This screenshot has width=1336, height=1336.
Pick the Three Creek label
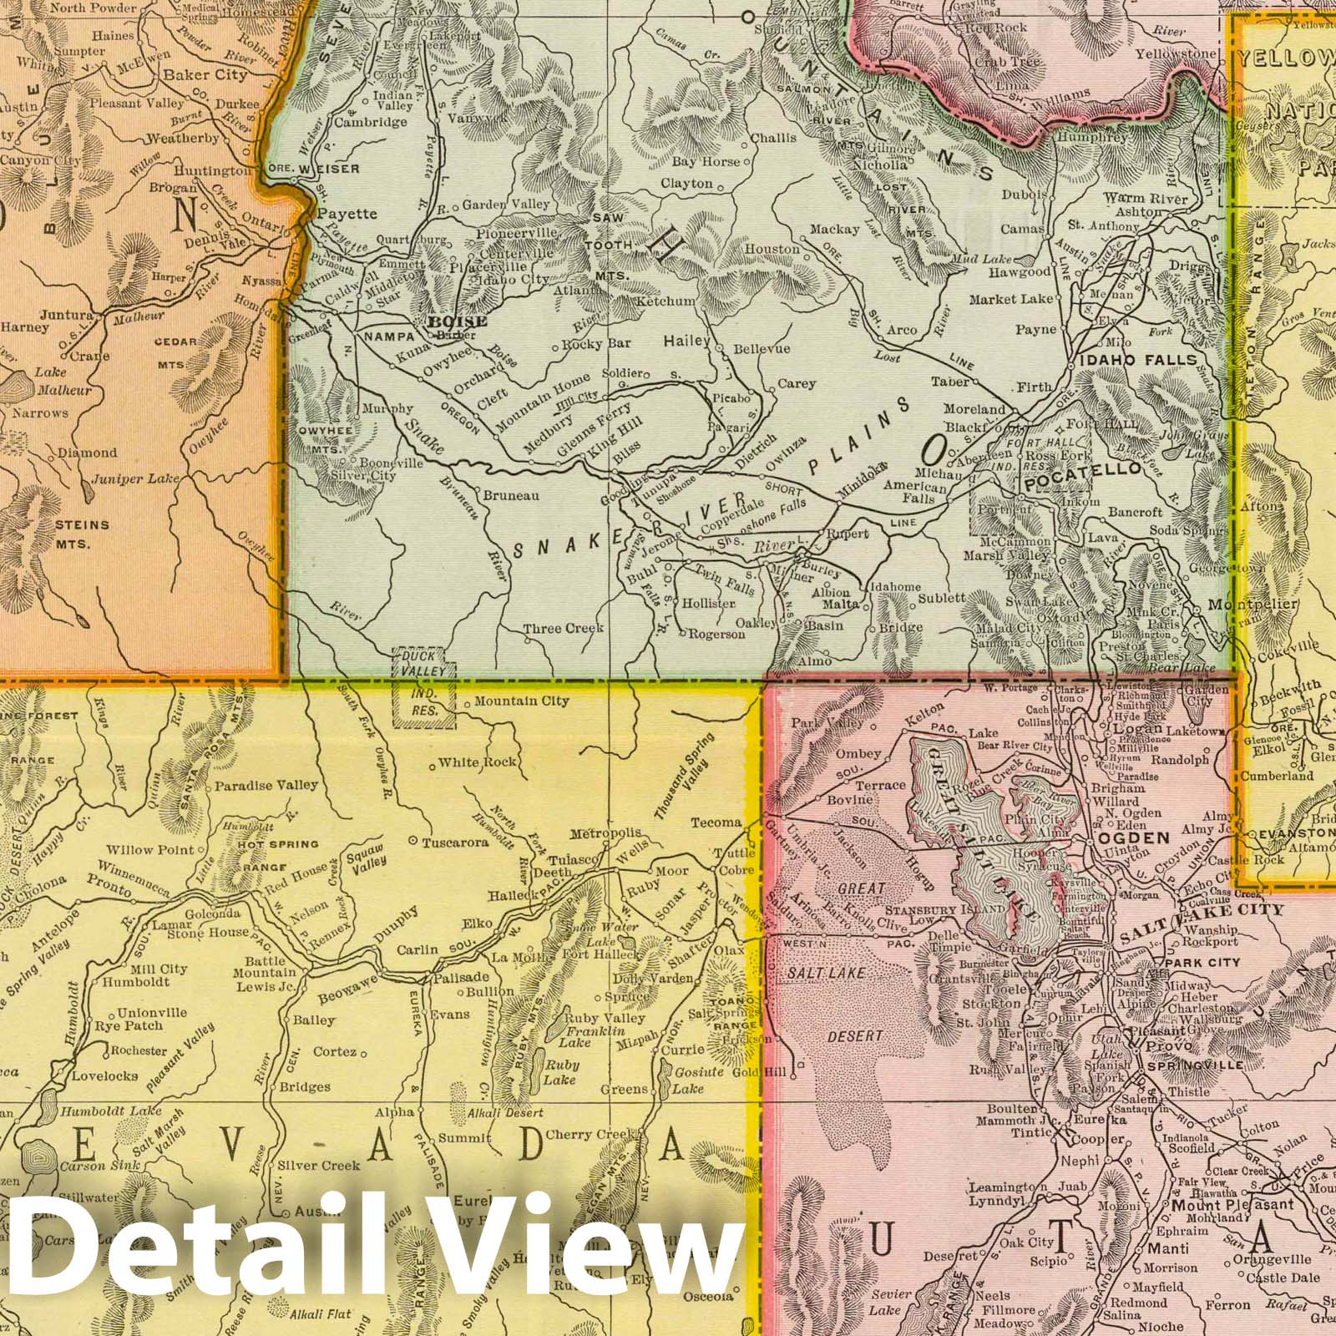tap(563, 628)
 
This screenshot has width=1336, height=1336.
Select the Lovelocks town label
tap(104, 1075)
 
